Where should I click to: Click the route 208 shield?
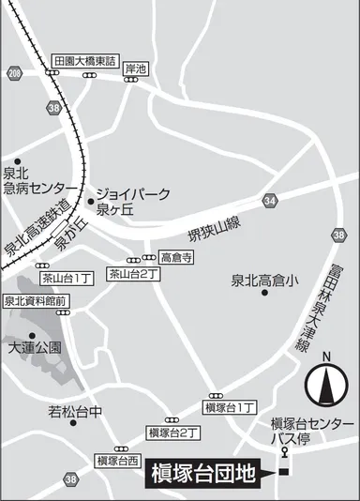point(13,72)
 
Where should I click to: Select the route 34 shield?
point(270,201)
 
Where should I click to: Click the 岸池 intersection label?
point(136,68)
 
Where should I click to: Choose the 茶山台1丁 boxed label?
point(67,278)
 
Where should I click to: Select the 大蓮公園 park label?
point(35,347)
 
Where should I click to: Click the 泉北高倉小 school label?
point(264,280)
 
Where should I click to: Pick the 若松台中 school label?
point(75,411)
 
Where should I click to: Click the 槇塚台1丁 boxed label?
point(229,407)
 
